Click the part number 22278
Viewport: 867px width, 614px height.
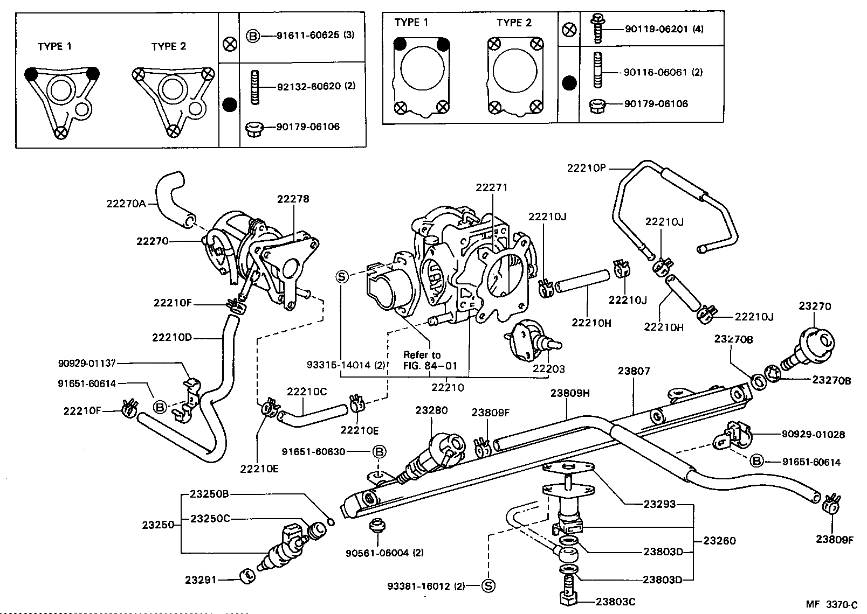pyautogui.click(x=293, y=199)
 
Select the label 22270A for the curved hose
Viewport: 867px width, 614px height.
pyautogui.click(x=126, y=203)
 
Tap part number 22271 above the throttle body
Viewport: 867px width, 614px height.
pyautogui.click(x=491, y=187)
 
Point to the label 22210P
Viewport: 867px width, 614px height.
pyautogui.click(x=587, y=168)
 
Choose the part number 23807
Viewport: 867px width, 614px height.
pyautogui.click(x=634, y=371)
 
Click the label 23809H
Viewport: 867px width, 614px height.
pyautogui.click(x=570, y=393)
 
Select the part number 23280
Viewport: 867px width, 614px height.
pyautogui.click(x=431, y=410)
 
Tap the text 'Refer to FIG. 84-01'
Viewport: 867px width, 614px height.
pyautogui.click(x=430, y=360)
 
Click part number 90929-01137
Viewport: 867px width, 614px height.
pyautogui.click(x=86, y=364)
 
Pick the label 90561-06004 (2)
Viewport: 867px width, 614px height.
pyautogui.click(x=384, y=553)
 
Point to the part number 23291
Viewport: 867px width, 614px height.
pyautogui.click(x=201, y=580)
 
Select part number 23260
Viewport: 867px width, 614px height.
pyautogui.click(x=719, y=541)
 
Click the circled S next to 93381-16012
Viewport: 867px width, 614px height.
pyautogui.click(x=488, y=585)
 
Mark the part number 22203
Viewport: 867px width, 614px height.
pyautogui.click(x=548, y=368)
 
